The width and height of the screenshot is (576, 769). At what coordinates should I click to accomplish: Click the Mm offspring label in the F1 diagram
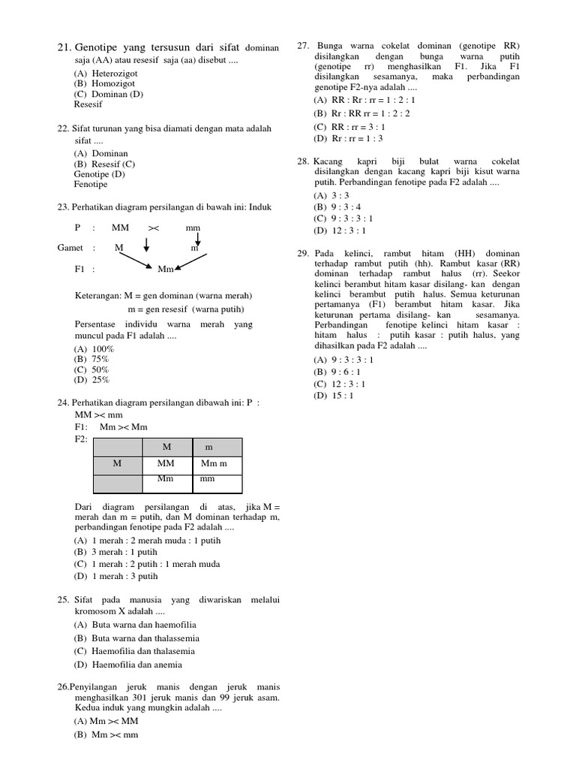[x=166, y=268]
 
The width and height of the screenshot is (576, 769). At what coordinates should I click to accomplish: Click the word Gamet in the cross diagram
[x=72, y=247]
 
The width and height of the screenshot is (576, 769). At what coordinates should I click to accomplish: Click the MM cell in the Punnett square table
[x=166, y=464]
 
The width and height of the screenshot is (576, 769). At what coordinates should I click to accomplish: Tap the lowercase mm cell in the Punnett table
[x=207, y=478]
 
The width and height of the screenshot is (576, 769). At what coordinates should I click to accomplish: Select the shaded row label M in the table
[x=117, y=464]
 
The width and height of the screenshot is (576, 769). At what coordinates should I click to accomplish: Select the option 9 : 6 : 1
[x=339, y=372]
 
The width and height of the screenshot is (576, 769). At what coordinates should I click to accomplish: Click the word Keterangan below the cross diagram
[x=100, y=295]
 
